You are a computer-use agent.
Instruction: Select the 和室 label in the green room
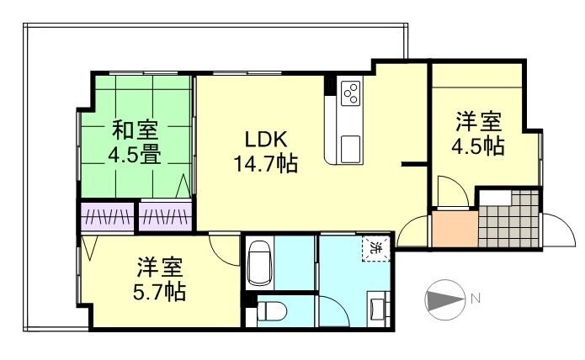tap(135, 131)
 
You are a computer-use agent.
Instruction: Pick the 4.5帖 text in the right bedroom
tap(479, 145)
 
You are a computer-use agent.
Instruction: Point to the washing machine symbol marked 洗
tap(375, 249)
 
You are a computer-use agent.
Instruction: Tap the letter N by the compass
tap(476, 297)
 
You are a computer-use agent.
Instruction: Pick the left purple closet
tap(106, 217)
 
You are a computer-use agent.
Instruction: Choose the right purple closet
tap(165, 217)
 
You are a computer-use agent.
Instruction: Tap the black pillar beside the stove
tap(330, 87)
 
